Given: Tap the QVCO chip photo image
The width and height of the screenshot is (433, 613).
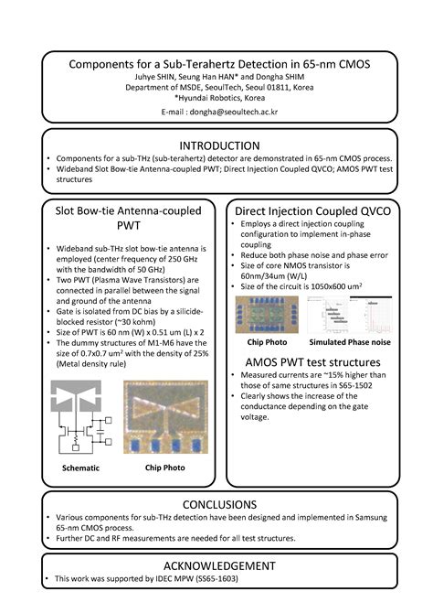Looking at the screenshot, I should (x=267, y=314).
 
